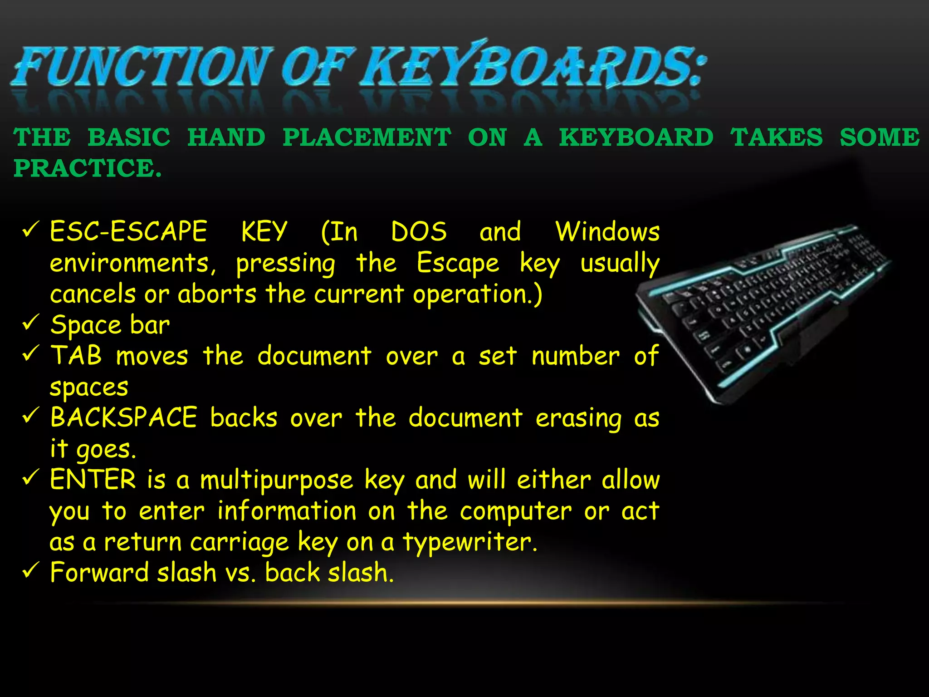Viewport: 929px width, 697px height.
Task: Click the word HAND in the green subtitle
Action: coord(226,137)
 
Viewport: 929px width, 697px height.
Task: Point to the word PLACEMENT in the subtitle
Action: coord(367,137)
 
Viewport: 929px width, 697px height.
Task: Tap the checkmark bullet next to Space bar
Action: coord(31,323)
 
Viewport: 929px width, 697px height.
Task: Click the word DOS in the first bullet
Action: coord(419,231)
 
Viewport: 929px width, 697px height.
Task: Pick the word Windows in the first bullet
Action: coord(607,231)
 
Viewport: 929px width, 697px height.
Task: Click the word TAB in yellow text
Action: coord(76,355)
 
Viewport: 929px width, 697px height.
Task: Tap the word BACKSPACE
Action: coord(124,417)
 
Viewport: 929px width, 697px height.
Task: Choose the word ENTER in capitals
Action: coord(93,479)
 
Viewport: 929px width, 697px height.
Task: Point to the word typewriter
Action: coord(470,542)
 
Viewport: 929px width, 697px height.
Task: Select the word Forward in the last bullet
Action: coord(99,572)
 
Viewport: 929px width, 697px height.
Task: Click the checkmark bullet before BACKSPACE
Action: coord(31,416)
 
